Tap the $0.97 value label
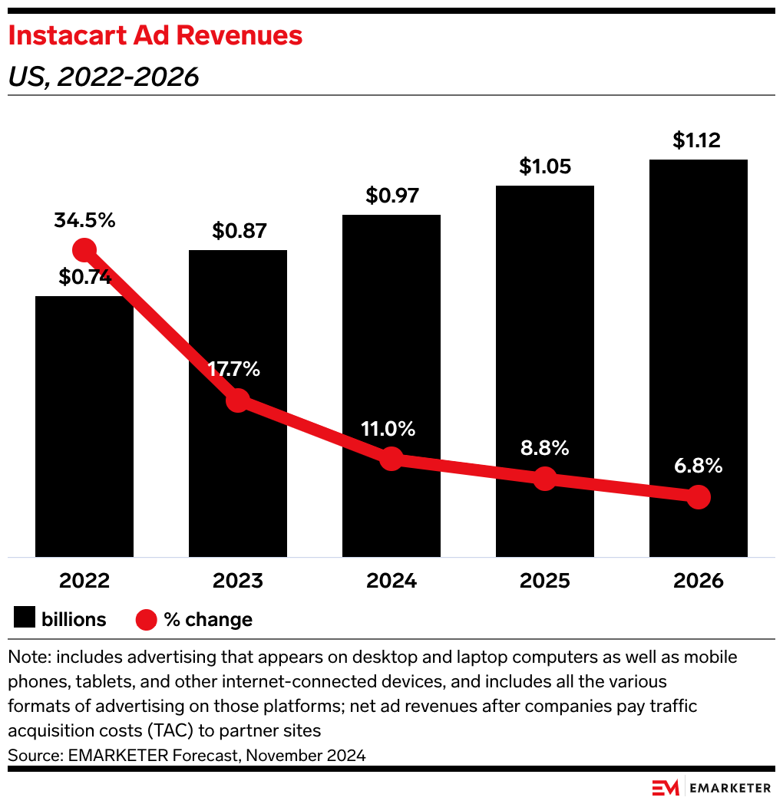click(391, 196)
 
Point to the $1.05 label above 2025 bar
click(545, 166)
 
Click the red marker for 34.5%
click(84, 250)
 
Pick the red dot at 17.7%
click(238, 400)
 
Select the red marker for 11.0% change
click(391, 459)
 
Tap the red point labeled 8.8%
click(544, 479)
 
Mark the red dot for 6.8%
click(698, 497)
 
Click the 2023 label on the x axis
click(238, 581)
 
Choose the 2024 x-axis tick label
click(391, 581)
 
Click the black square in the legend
click(25, 619)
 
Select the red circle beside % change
click(147, 619)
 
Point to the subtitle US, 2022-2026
click(104, 77)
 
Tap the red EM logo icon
click(665, 788)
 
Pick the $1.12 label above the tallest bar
click(699, 140)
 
